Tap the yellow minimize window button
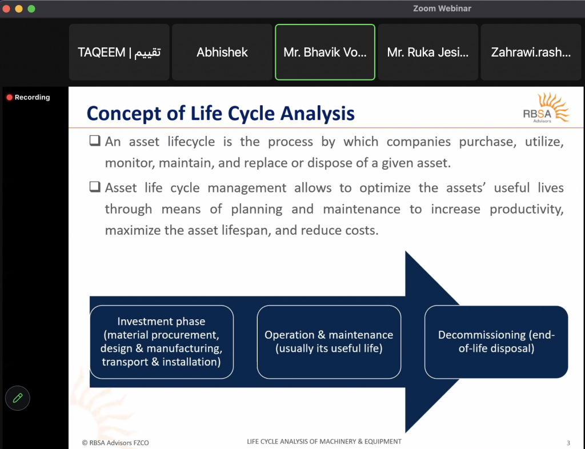[x=19, y=9]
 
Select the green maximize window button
[x=31, y=9]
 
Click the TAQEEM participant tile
[x=119, y=52]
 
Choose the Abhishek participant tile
[x=222, y=52]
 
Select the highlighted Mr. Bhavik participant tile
[x=325, y=52]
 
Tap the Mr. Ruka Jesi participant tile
[x=428, y=52]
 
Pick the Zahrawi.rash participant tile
[x=531, y=52]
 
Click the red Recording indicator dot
[x=9, y=97]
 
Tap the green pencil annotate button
[x=18, y=398]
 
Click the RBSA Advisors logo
[x=546, y=108]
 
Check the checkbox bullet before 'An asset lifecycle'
[x=95, y=141]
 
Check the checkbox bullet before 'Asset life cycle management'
[x=95, y=186]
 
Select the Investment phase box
[x=162, y=342]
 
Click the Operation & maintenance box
[x=328, y=342]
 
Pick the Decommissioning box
[x=496, y=342]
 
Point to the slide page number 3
[x=568, y=443]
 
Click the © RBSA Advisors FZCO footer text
[x=115, y=443]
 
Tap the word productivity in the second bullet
[x=526, y=210]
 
